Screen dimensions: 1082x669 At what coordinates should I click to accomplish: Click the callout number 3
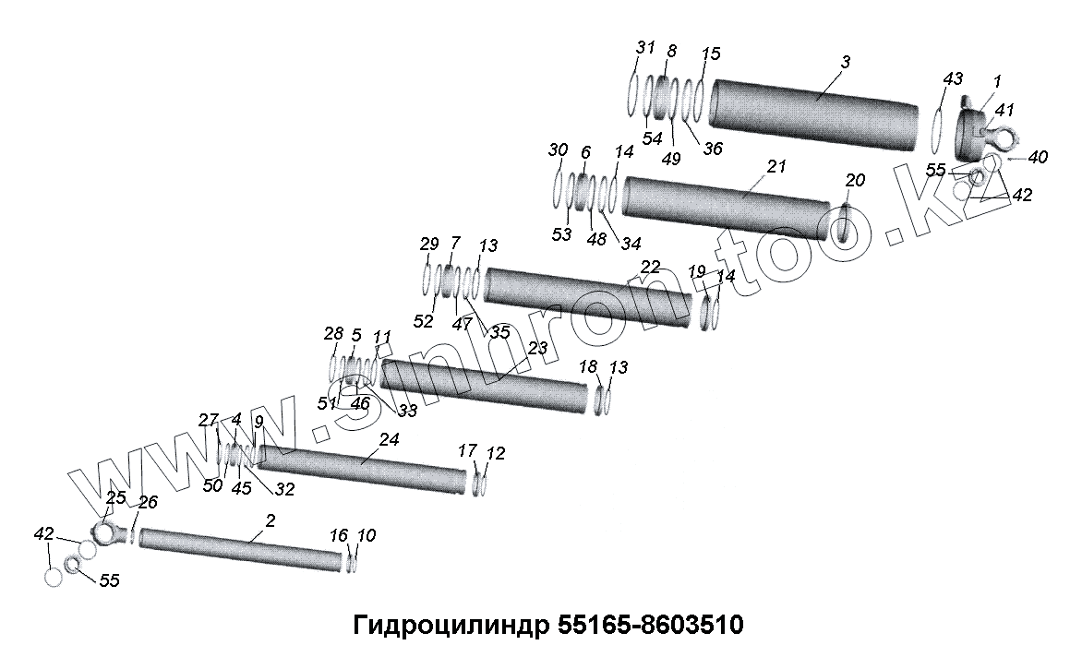click(x=846, y=61)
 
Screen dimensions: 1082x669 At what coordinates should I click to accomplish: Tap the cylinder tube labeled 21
click(x=729, y=205)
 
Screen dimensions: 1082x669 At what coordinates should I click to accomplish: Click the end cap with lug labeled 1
click(x=974, y=135)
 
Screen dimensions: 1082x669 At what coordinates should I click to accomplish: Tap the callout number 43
click(x=953, y=80)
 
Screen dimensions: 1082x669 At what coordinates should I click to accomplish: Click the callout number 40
click(x=1038, y=158)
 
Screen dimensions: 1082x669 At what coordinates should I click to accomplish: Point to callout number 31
click(x=645, y=48)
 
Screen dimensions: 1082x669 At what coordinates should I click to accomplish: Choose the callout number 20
click(x=855, y=180)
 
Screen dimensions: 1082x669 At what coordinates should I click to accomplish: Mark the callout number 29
click(x=429, y=245)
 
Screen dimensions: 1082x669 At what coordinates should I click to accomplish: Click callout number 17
click(x=468, y=450)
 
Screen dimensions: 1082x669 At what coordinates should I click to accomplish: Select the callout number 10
click(x=367, y=535)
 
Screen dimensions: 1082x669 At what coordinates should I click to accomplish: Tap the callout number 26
click(x=148, y=502)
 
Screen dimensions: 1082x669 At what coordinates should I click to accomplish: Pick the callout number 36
click(x=712, y=148)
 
